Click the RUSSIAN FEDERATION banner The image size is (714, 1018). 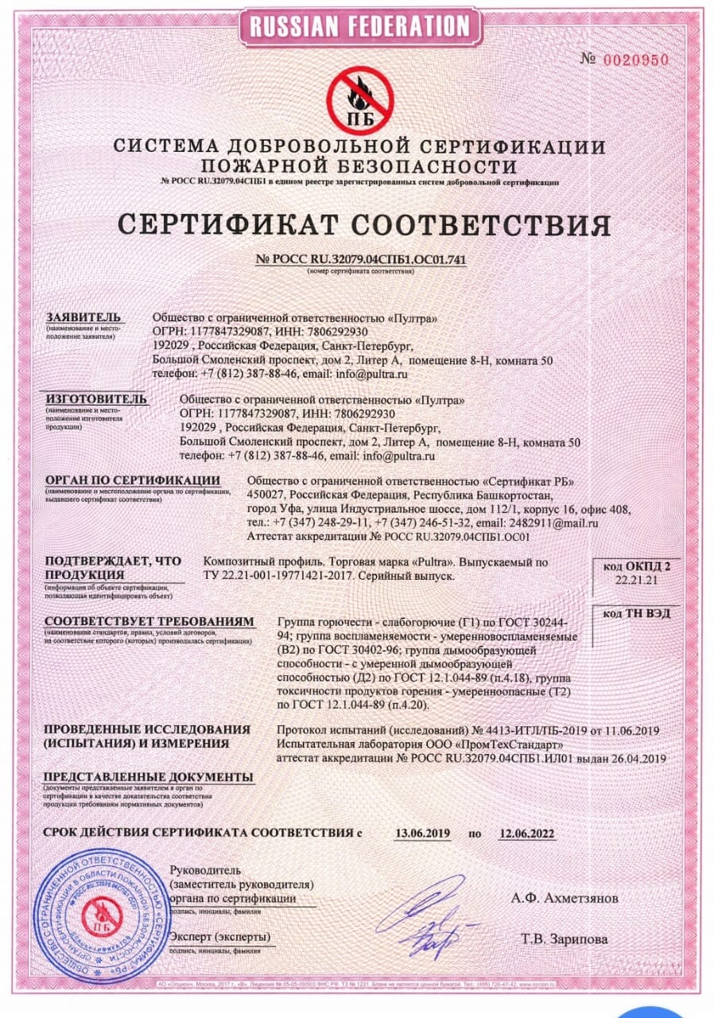[360, 25]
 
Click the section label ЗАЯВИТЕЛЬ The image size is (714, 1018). [83, 317]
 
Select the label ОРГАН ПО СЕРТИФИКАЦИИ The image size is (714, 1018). [132, 480]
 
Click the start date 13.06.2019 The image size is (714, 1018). [423, 833]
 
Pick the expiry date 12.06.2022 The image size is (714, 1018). [526, 833]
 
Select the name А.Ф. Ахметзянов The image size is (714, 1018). [564, 898]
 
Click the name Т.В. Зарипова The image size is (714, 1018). [565, 939]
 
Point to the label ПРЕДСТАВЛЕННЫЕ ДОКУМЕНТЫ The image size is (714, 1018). [149, 775]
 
